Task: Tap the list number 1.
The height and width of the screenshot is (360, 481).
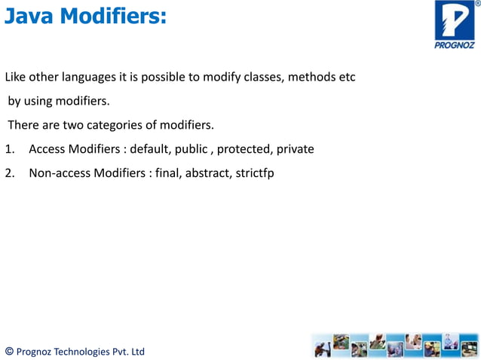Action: coord(9,149)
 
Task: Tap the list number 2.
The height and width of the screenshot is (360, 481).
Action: coord(9,173)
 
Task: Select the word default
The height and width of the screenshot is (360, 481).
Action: coord(150,149)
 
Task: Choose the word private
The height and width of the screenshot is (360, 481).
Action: coord(295,149)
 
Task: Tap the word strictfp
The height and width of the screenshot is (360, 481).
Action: coord(255,173)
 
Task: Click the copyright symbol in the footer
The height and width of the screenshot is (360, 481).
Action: coord(9,351)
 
